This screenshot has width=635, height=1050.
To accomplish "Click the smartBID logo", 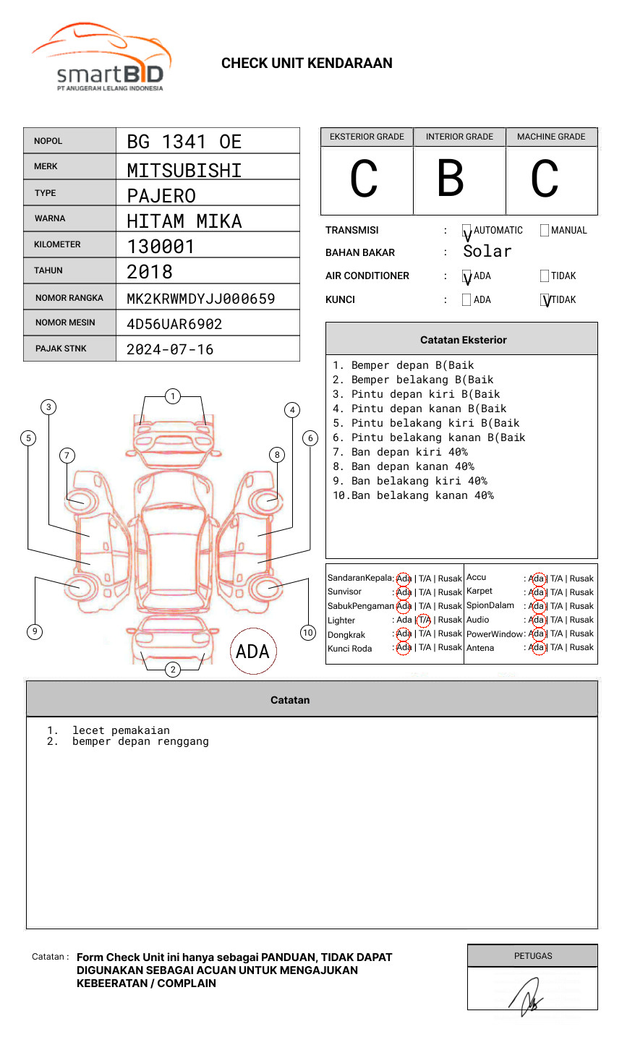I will pos(101,58).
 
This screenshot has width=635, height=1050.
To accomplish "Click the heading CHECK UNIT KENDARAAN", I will pos(307,64).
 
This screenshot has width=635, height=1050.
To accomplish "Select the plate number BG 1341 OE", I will pos(184,142).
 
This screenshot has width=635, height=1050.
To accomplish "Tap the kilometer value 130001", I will pos(161,247).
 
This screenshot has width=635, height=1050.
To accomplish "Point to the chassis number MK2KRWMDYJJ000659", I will pos(200,299).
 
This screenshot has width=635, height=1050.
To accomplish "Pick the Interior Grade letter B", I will pos(451,179).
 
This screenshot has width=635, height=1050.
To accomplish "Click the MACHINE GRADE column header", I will pos(551,137).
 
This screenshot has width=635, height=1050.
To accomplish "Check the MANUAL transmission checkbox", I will pos(545,231).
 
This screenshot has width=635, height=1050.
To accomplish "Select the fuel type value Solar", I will pos(487,252).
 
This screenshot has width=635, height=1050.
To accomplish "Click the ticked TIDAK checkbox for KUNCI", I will pos(545,300).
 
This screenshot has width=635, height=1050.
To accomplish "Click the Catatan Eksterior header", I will pos(463,340).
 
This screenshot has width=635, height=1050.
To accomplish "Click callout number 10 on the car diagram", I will pos(308,633).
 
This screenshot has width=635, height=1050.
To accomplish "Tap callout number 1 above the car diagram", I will pos(172,396).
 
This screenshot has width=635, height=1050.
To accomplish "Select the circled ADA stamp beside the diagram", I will pos(252,652).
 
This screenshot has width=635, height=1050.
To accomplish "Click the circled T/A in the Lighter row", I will pos(424,620).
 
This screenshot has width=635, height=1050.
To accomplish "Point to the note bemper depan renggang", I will pos(140,741).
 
